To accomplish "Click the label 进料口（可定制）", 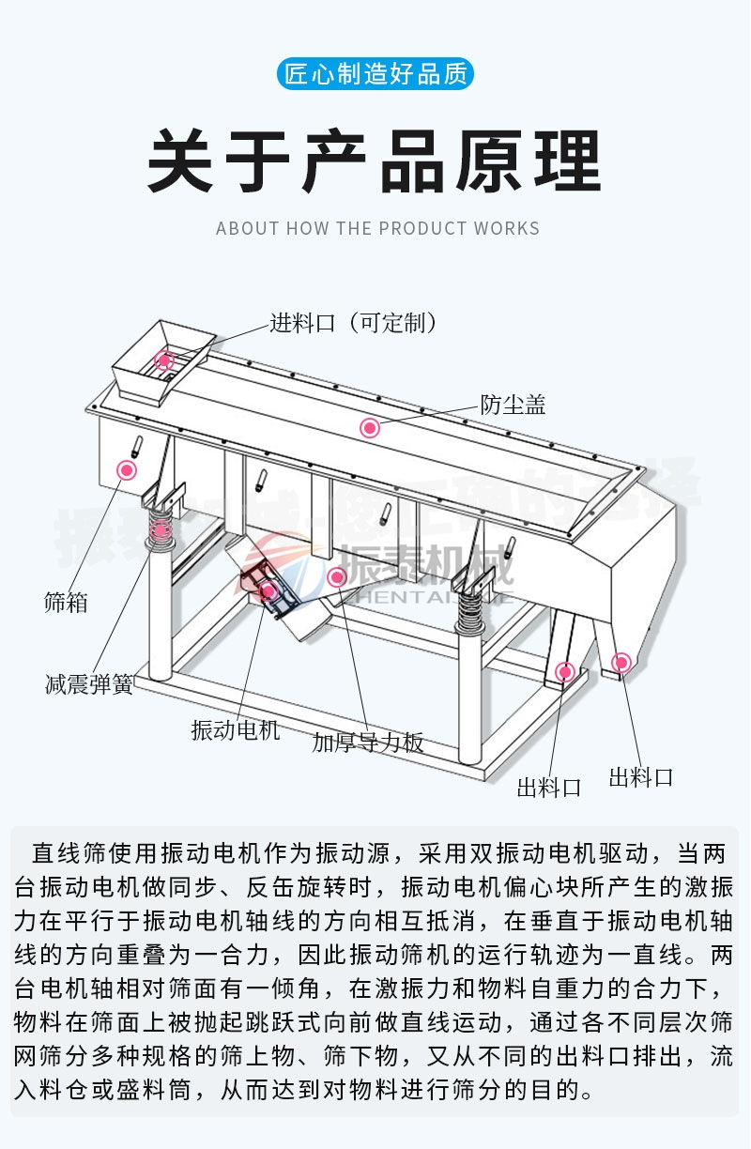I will pyautogui.click(x=354, y=324).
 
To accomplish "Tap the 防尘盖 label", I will pyautogui.click(x=513, y=405).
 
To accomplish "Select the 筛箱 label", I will pyautogui.click(x=66, y=602).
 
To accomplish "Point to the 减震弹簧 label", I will pyautogui.click(x=88, y=683).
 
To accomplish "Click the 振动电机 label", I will pyautogui.click(x=236, y=728).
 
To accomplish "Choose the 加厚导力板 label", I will pyautogui.click(x=368, y=743).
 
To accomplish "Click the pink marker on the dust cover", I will pyautogui.click(x=370, y=428).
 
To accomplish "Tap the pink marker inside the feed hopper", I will pyautogui.click(x=165, y=360).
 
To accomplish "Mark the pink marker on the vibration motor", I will pyautogui.click(x=268, y=590).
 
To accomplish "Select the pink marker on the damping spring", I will pyautogui.click(x=161, y=529).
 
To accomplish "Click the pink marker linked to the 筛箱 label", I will pyautogui.click(x=125, y=469).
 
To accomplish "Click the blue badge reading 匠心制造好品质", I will pyautogui.click(x=375, y=74).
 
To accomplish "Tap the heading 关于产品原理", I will pyautogui.click(x=375, y=163).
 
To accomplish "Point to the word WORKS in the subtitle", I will pyautogui.click(x=507, y=228).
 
